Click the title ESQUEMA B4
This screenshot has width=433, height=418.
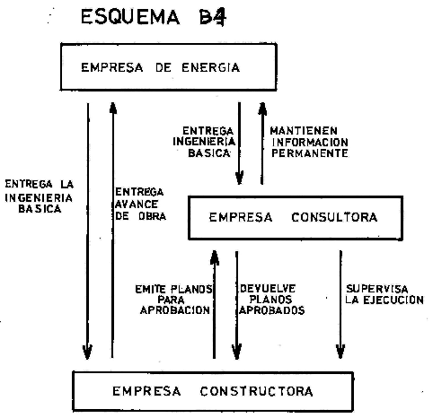[x=154, y=17]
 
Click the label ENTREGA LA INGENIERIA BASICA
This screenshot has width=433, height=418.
[x=39, y=196]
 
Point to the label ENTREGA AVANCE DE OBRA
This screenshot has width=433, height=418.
[x=140, y=204]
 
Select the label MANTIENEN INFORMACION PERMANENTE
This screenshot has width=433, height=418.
[x=310, y=142]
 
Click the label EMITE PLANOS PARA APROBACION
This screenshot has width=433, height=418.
[x=173, y=300]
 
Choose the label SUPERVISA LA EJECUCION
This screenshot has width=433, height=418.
[x=384, y=294]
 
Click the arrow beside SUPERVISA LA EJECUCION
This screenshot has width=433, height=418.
[x=340, y=304]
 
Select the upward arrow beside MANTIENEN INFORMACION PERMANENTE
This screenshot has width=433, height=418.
[x=262, y=144]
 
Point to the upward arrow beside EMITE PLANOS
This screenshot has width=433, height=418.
[x=215, y=304]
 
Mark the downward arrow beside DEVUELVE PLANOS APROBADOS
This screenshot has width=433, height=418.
[x=236, y=305]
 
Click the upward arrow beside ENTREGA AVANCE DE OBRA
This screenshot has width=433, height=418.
[x=112, y=230]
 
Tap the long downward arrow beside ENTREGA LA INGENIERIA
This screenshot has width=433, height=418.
[x=88, y=231]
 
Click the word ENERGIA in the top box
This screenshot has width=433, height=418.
[x=211, y=67]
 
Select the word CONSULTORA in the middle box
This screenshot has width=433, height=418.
[x=334, y=217]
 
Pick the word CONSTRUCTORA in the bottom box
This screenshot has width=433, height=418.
[x=257, y=391]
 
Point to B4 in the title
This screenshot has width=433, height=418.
[x=212, y=17]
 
